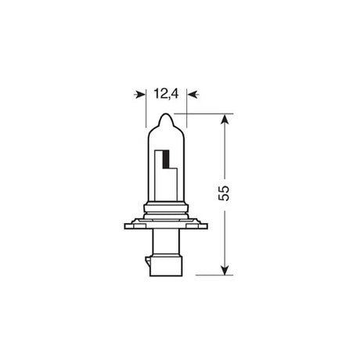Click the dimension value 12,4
(166, 94)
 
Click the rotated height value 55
(224, 193)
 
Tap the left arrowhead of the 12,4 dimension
(140, 94)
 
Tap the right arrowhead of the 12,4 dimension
(193, 94)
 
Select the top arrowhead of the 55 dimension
(225, 120)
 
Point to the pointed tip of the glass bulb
(166, 113)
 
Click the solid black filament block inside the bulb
(166, 159)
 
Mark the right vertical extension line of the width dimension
(187, 108)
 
